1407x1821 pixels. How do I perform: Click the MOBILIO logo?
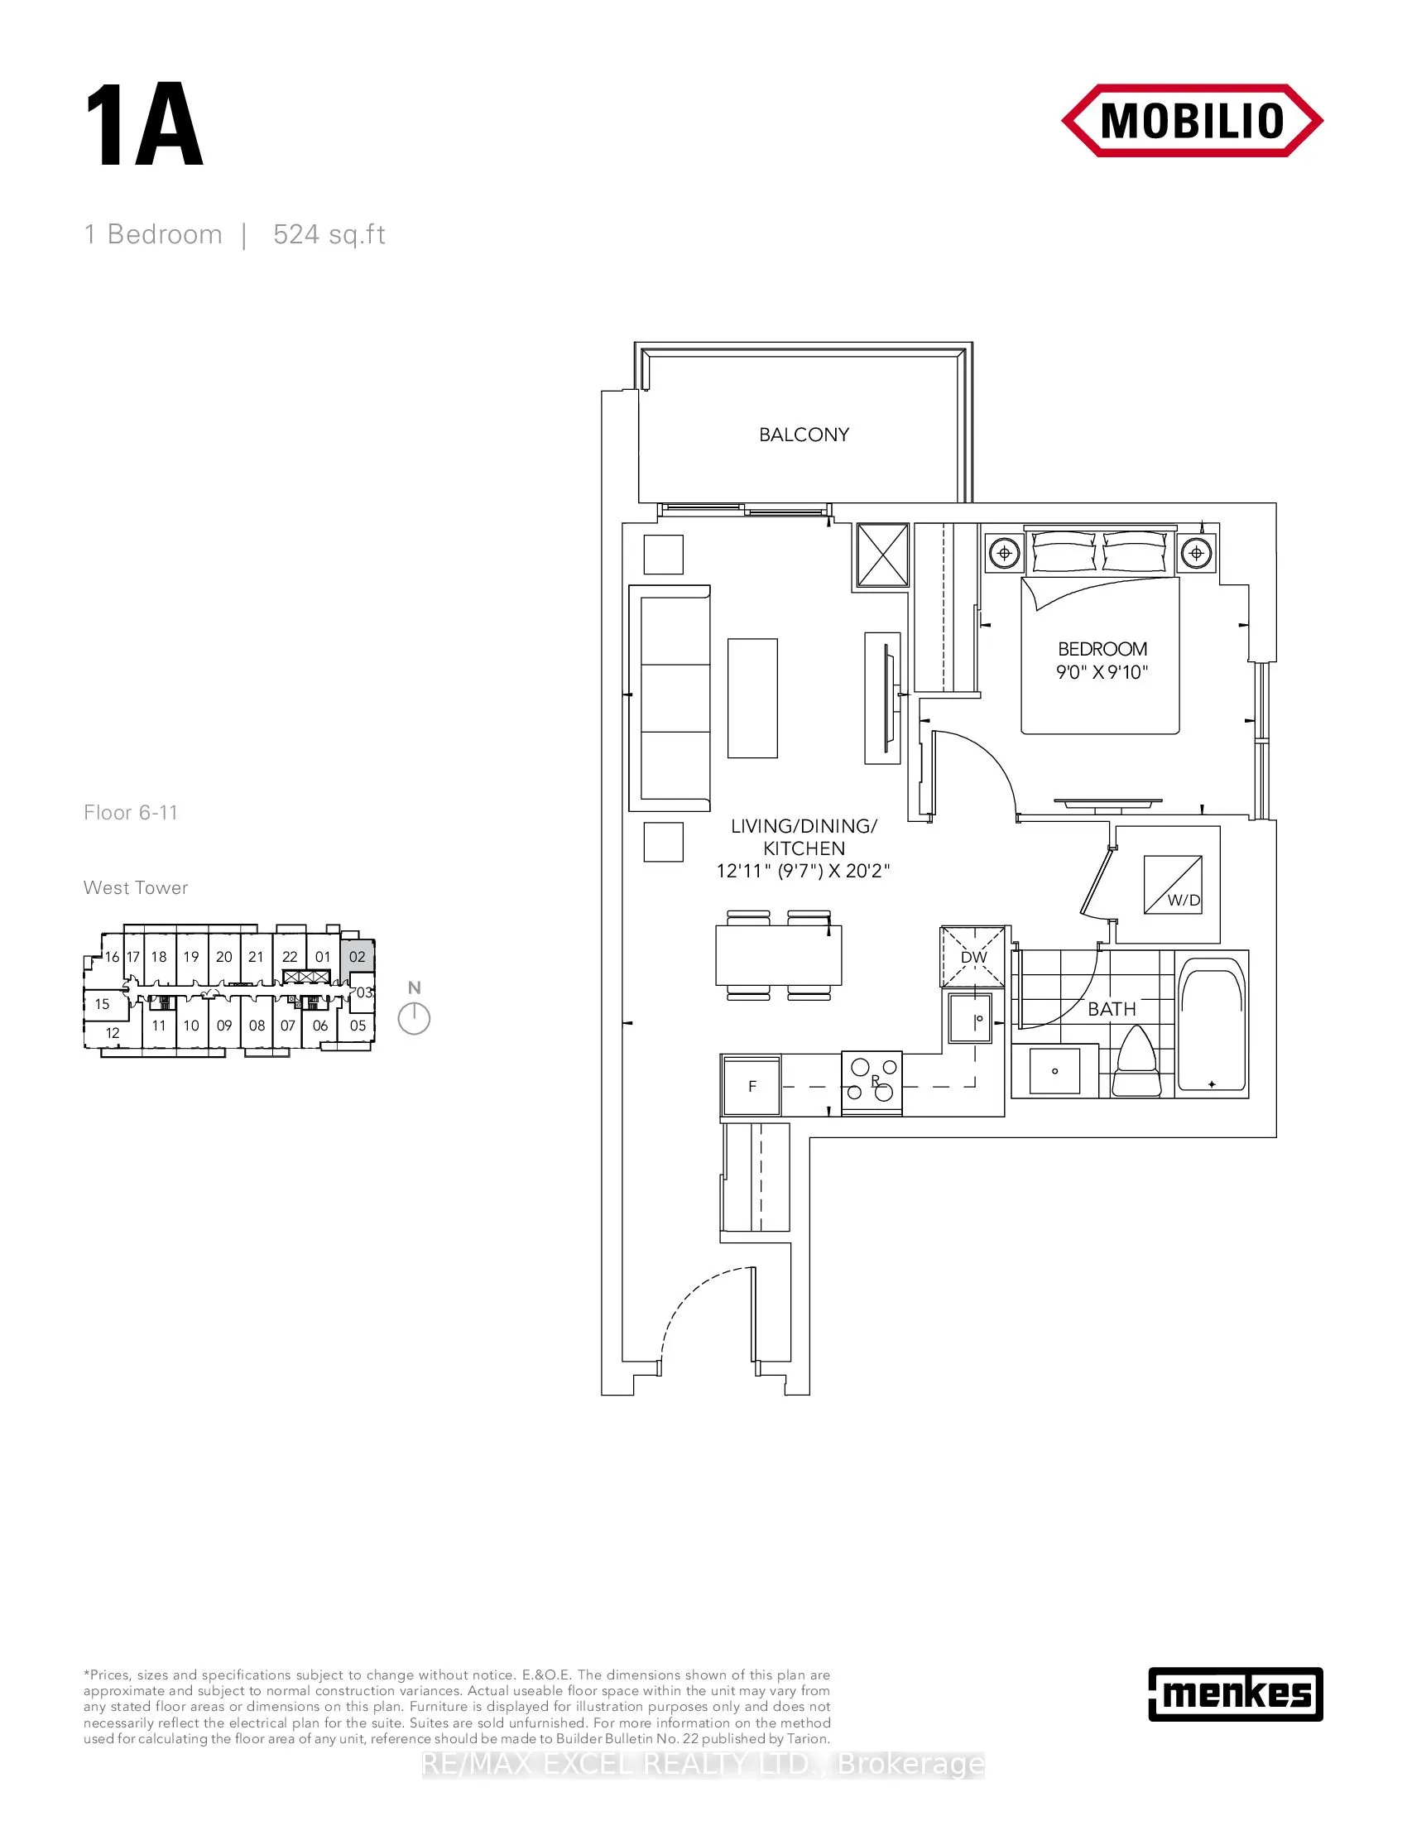(x=1192, y=121)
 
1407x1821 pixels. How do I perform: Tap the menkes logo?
(x=1236, y=1694)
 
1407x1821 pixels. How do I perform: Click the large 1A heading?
(x=144, y=127)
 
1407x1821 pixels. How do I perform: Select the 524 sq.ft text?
(x=329, y=235)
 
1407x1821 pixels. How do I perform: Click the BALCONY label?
(x=804, y=435)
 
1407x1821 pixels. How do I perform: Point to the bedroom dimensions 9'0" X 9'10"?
(x=1102, y=672)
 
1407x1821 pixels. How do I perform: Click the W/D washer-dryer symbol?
(x=1173, y=885)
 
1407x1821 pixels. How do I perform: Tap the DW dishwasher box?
(x=973, y=956)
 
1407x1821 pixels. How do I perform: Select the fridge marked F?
(x=752, y=1086)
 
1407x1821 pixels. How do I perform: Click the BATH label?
(x=1111, y=1009)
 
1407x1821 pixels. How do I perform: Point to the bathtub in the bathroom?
(x=1212, y=1025)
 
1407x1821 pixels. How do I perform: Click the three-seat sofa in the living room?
(x=670, y=697)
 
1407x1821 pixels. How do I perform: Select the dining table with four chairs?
(x=779, y=955)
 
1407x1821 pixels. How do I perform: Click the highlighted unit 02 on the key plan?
(x=358, y=956)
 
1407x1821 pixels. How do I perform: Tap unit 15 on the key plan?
(x=103, y=1004)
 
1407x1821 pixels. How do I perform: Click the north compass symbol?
(x=414, y=1018)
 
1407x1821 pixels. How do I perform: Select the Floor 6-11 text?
(x=131, y=813)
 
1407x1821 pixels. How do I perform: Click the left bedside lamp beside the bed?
(x=1005, y=553)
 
